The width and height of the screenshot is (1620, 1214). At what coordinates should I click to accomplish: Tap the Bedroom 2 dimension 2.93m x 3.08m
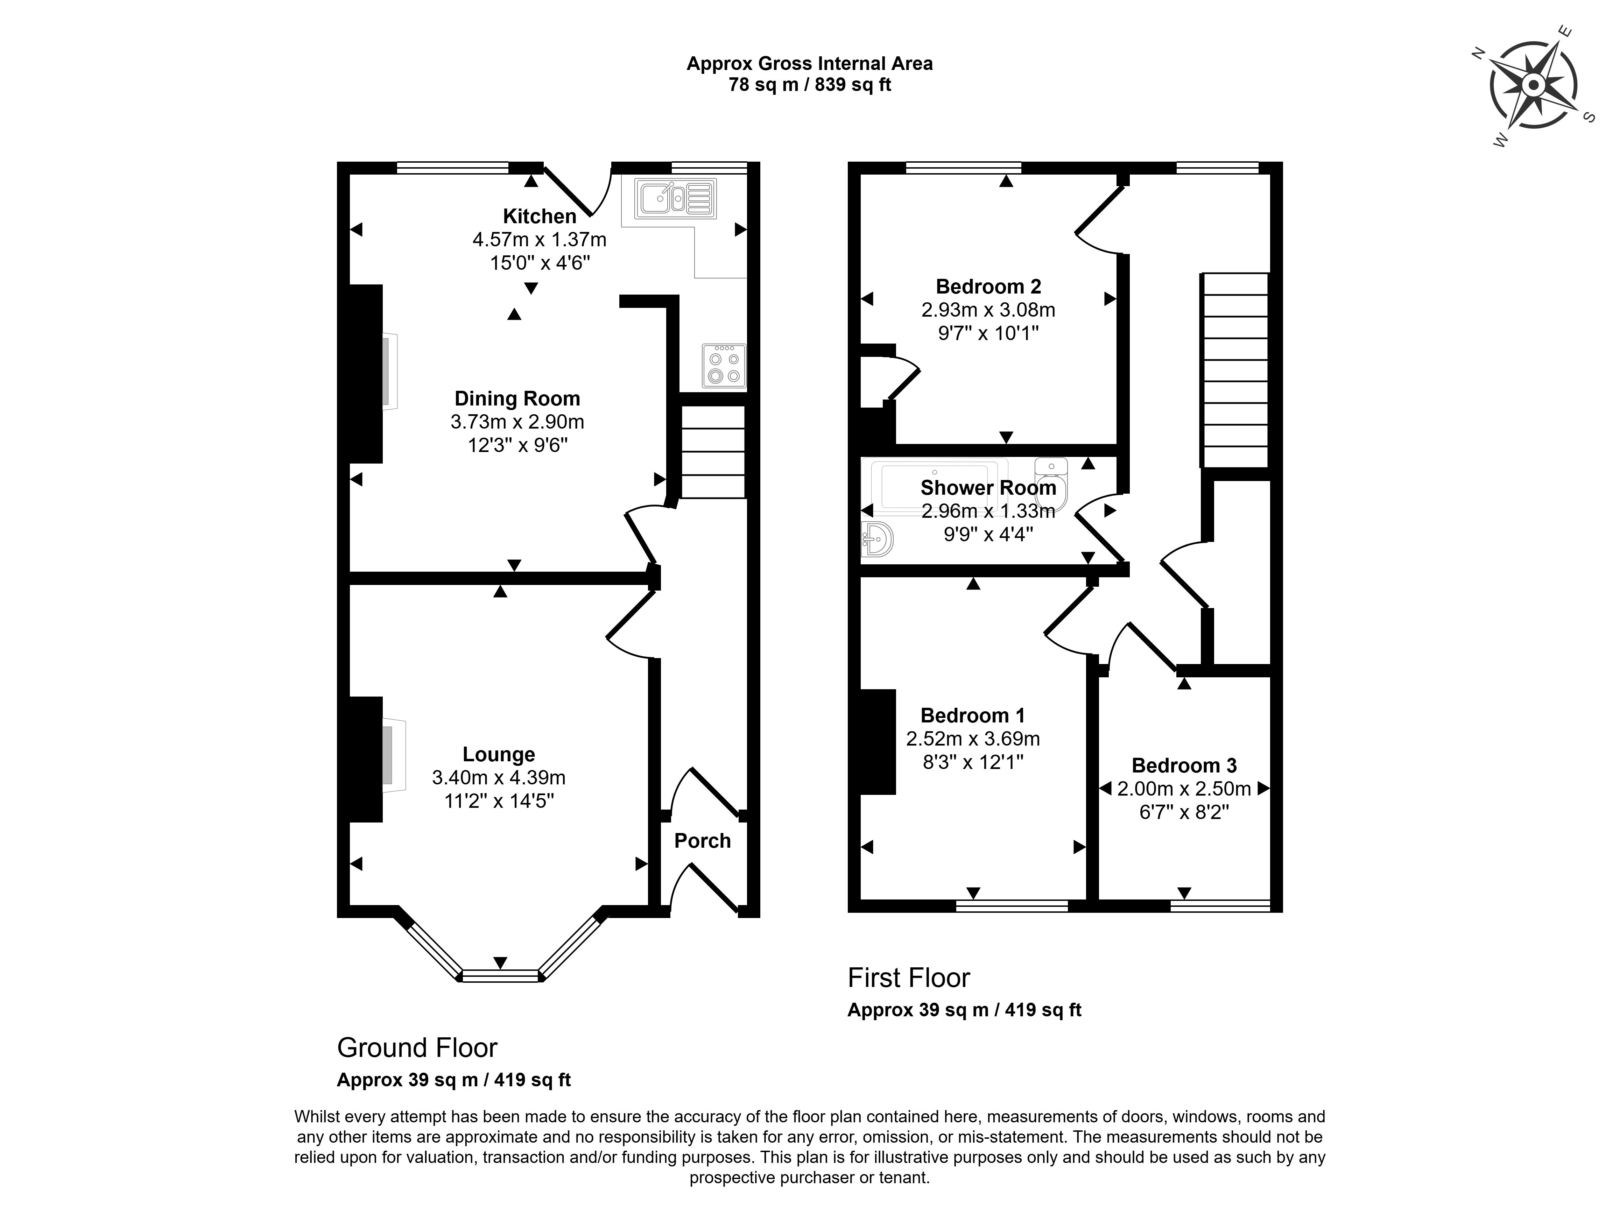988,310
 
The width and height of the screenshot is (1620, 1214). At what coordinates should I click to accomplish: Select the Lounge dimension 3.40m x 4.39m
499,778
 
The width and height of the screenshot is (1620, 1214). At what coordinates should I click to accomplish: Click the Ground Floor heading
417,1048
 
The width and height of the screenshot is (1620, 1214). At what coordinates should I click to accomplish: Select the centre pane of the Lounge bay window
500,975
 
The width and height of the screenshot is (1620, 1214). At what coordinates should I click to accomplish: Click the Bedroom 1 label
973,715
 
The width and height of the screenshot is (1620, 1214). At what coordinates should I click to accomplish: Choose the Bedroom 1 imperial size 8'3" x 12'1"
973,762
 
